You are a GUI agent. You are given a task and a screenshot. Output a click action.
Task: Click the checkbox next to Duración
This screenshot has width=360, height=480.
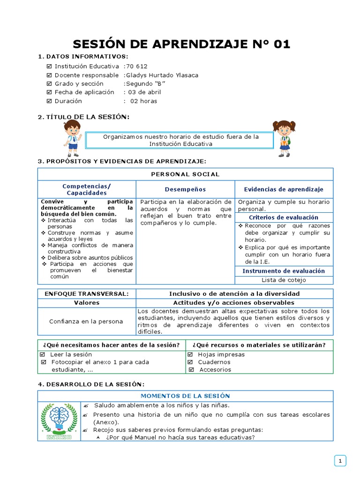tap(49, 101)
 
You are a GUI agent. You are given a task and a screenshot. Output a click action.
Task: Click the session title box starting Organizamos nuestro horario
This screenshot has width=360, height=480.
tap(181, 140)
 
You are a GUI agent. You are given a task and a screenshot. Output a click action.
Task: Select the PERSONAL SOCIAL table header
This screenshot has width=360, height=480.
tap(185, 174)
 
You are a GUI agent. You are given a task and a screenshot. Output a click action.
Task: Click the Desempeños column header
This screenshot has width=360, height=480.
tap(185, 189)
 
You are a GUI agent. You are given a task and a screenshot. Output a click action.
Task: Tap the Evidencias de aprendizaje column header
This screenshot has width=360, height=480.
tap(284, 189)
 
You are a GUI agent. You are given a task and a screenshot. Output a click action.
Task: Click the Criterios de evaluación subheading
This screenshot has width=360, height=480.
tap(284, 217)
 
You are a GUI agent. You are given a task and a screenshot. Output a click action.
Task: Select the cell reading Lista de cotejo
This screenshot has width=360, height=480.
tap(284, 280)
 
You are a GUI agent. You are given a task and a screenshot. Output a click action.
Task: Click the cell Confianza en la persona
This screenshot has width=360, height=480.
tap(86, 322)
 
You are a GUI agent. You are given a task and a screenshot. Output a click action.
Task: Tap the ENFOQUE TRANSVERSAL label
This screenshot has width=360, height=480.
tap(86, 293)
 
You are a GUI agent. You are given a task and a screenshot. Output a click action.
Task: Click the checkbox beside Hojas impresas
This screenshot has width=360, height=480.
tap(190, 355)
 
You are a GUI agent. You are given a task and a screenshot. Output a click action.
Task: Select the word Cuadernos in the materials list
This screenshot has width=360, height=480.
tap(214, 362)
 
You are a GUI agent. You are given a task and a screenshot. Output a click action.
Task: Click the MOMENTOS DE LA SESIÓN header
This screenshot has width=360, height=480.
tap(185, 396)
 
